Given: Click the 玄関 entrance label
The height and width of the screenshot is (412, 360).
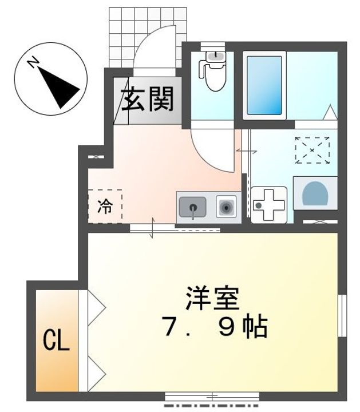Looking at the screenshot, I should point(147,101).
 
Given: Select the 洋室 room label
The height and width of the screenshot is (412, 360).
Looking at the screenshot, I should point(212,297).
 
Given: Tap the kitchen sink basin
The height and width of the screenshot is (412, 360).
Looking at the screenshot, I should point(192,207).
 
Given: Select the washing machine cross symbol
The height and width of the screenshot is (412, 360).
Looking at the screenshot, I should point(268,204).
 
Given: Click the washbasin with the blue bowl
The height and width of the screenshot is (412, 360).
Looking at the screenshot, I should point(314,193).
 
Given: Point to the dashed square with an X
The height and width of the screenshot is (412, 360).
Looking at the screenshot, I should point(312,150).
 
